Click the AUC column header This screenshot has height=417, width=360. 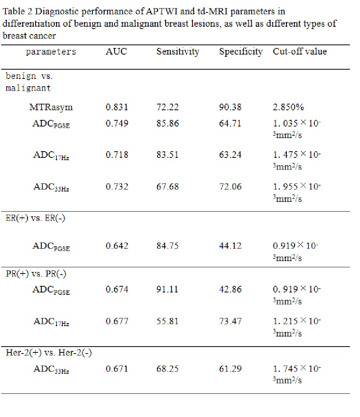[116, 51]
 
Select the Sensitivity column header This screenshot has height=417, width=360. [178, 52]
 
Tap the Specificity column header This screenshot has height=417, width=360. [241, 52]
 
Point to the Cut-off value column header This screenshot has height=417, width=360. [300, 51]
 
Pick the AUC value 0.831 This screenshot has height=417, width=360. [117, 107]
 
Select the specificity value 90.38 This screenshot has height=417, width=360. [230, 107]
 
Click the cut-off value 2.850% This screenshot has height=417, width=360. [288, 107]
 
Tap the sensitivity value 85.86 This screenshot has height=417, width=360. [168, 123]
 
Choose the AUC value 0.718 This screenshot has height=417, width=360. [117, 155]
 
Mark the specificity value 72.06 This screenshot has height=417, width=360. [230, 187]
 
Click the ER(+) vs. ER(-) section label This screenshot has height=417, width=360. [35, 218]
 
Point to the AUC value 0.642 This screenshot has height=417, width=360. [117, 246]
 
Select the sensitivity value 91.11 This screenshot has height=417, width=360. [167, 289]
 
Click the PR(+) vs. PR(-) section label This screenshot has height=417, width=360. [36, 274]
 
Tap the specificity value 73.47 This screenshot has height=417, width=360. [230, 321]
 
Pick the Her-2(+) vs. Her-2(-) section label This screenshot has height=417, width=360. [49, 353]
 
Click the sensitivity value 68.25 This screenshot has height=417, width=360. [167, 369]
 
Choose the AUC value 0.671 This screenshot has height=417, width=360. [117, 369]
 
